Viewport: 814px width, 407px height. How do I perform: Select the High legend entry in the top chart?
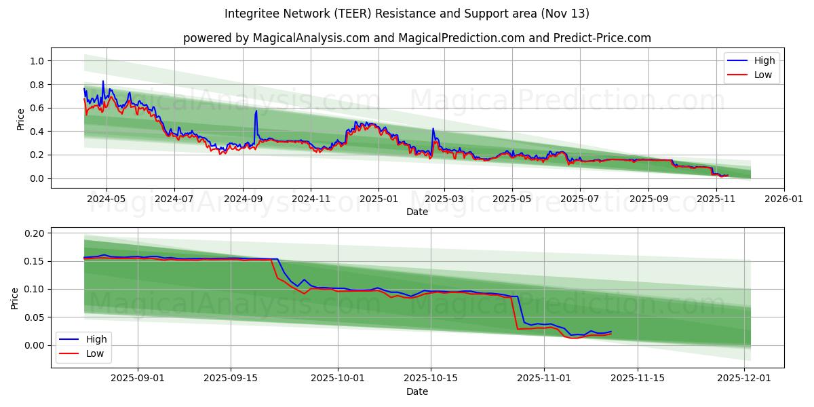(x=764, y=60)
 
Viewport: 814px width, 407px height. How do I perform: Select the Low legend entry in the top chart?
(x=763, y=75)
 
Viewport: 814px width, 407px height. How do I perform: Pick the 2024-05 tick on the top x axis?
(x=106, y=199)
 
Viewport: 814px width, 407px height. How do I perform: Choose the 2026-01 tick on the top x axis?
(x=784, y=199)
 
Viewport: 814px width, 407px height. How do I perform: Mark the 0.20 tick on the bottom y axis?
(x=35, y=233)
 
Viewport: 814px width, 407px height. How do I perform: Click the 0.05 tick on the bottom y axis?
(x=35, y=317)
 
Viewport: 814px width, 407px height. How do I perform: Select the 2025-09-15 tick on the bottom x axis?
(x=231, y=379)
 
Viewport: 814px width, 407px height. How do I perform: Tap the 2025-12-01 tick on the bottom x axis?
(x=745, y=379)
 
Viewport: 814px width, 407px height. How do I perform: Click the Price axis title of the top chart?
(x=20, y=119)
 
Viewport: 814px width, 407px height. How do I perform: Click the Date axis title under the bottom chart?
(x=416, y=391)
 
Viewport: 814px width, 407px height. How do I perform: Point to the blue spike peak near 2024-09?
(x=256, y=111)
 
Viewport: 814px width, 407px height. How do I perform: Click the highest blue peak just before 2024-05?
(x=103, y=81)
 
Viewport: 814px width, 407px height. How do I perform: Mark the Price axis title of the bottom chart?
(x=15, y=298)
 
